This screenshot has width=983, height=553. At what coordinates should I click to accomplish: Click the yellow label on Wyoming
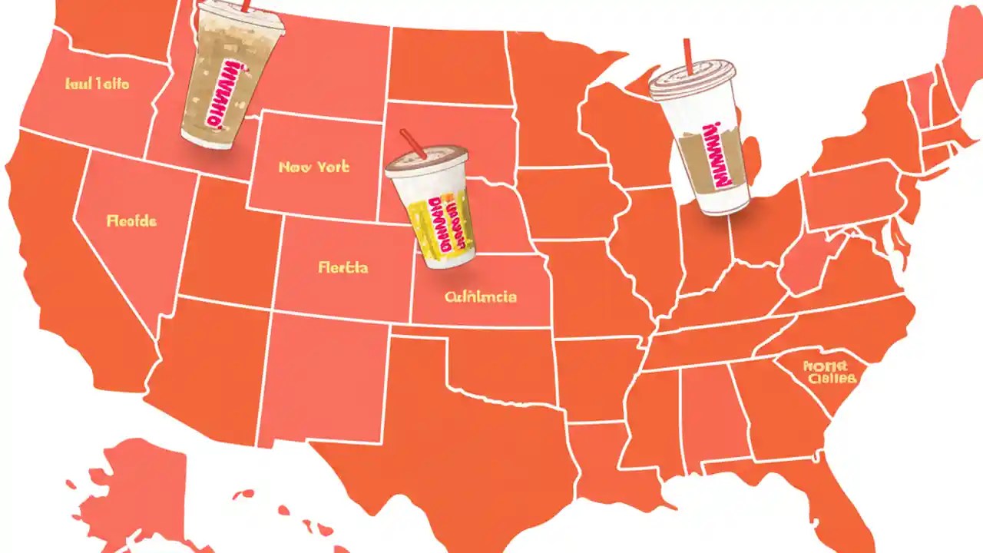click(x=314, y=167)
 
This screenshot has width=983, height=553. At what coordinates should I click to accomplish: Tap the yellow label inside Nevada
click(x=131, y=221)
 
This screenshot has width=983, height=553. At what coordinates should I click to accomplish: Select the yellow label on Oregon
click(x=98, y=84)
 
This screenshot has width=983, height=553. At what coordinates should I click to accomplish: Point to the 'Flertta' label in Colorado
click(x=343, y=267)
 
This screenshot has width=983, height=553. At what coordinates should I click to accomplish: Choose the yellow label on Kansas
click(x=481, y=296)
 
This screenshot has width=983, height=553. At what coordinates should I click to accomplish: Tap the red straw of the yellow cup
click(x=412, y=142)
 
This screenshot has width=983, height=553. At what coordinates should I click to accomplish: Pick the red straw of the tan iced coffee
click(x=245, y=5)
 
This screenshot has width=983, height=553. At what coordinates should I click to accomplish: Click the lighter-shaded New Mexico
click(x=323, y=376)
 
